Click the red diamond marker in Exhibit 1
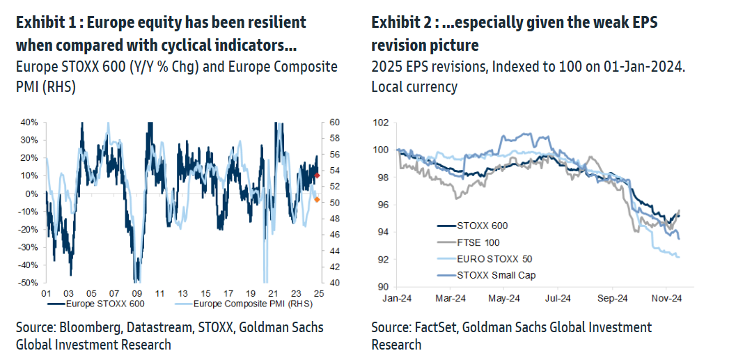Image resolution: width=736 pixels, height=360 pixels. pos(318,175)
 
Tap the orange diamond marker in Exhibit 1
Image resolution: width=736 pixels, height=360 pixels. pos(317,200)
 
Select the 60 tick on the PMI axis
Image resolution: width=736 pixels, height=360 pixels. pos(334,122)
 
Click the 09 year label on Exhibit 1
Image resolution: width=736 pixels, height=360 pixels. pos(137,294)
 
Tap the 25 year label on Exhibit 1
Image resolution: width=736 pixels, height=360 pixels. pos(318,294)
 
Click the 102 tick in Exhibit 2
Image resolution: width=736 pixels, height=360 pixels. pos(380,123)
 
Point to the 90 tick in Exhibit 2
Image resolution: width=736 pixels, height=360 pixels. pos(383,286)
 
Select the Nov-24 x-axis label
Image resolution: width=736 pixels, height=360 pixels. pos(667,299)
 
